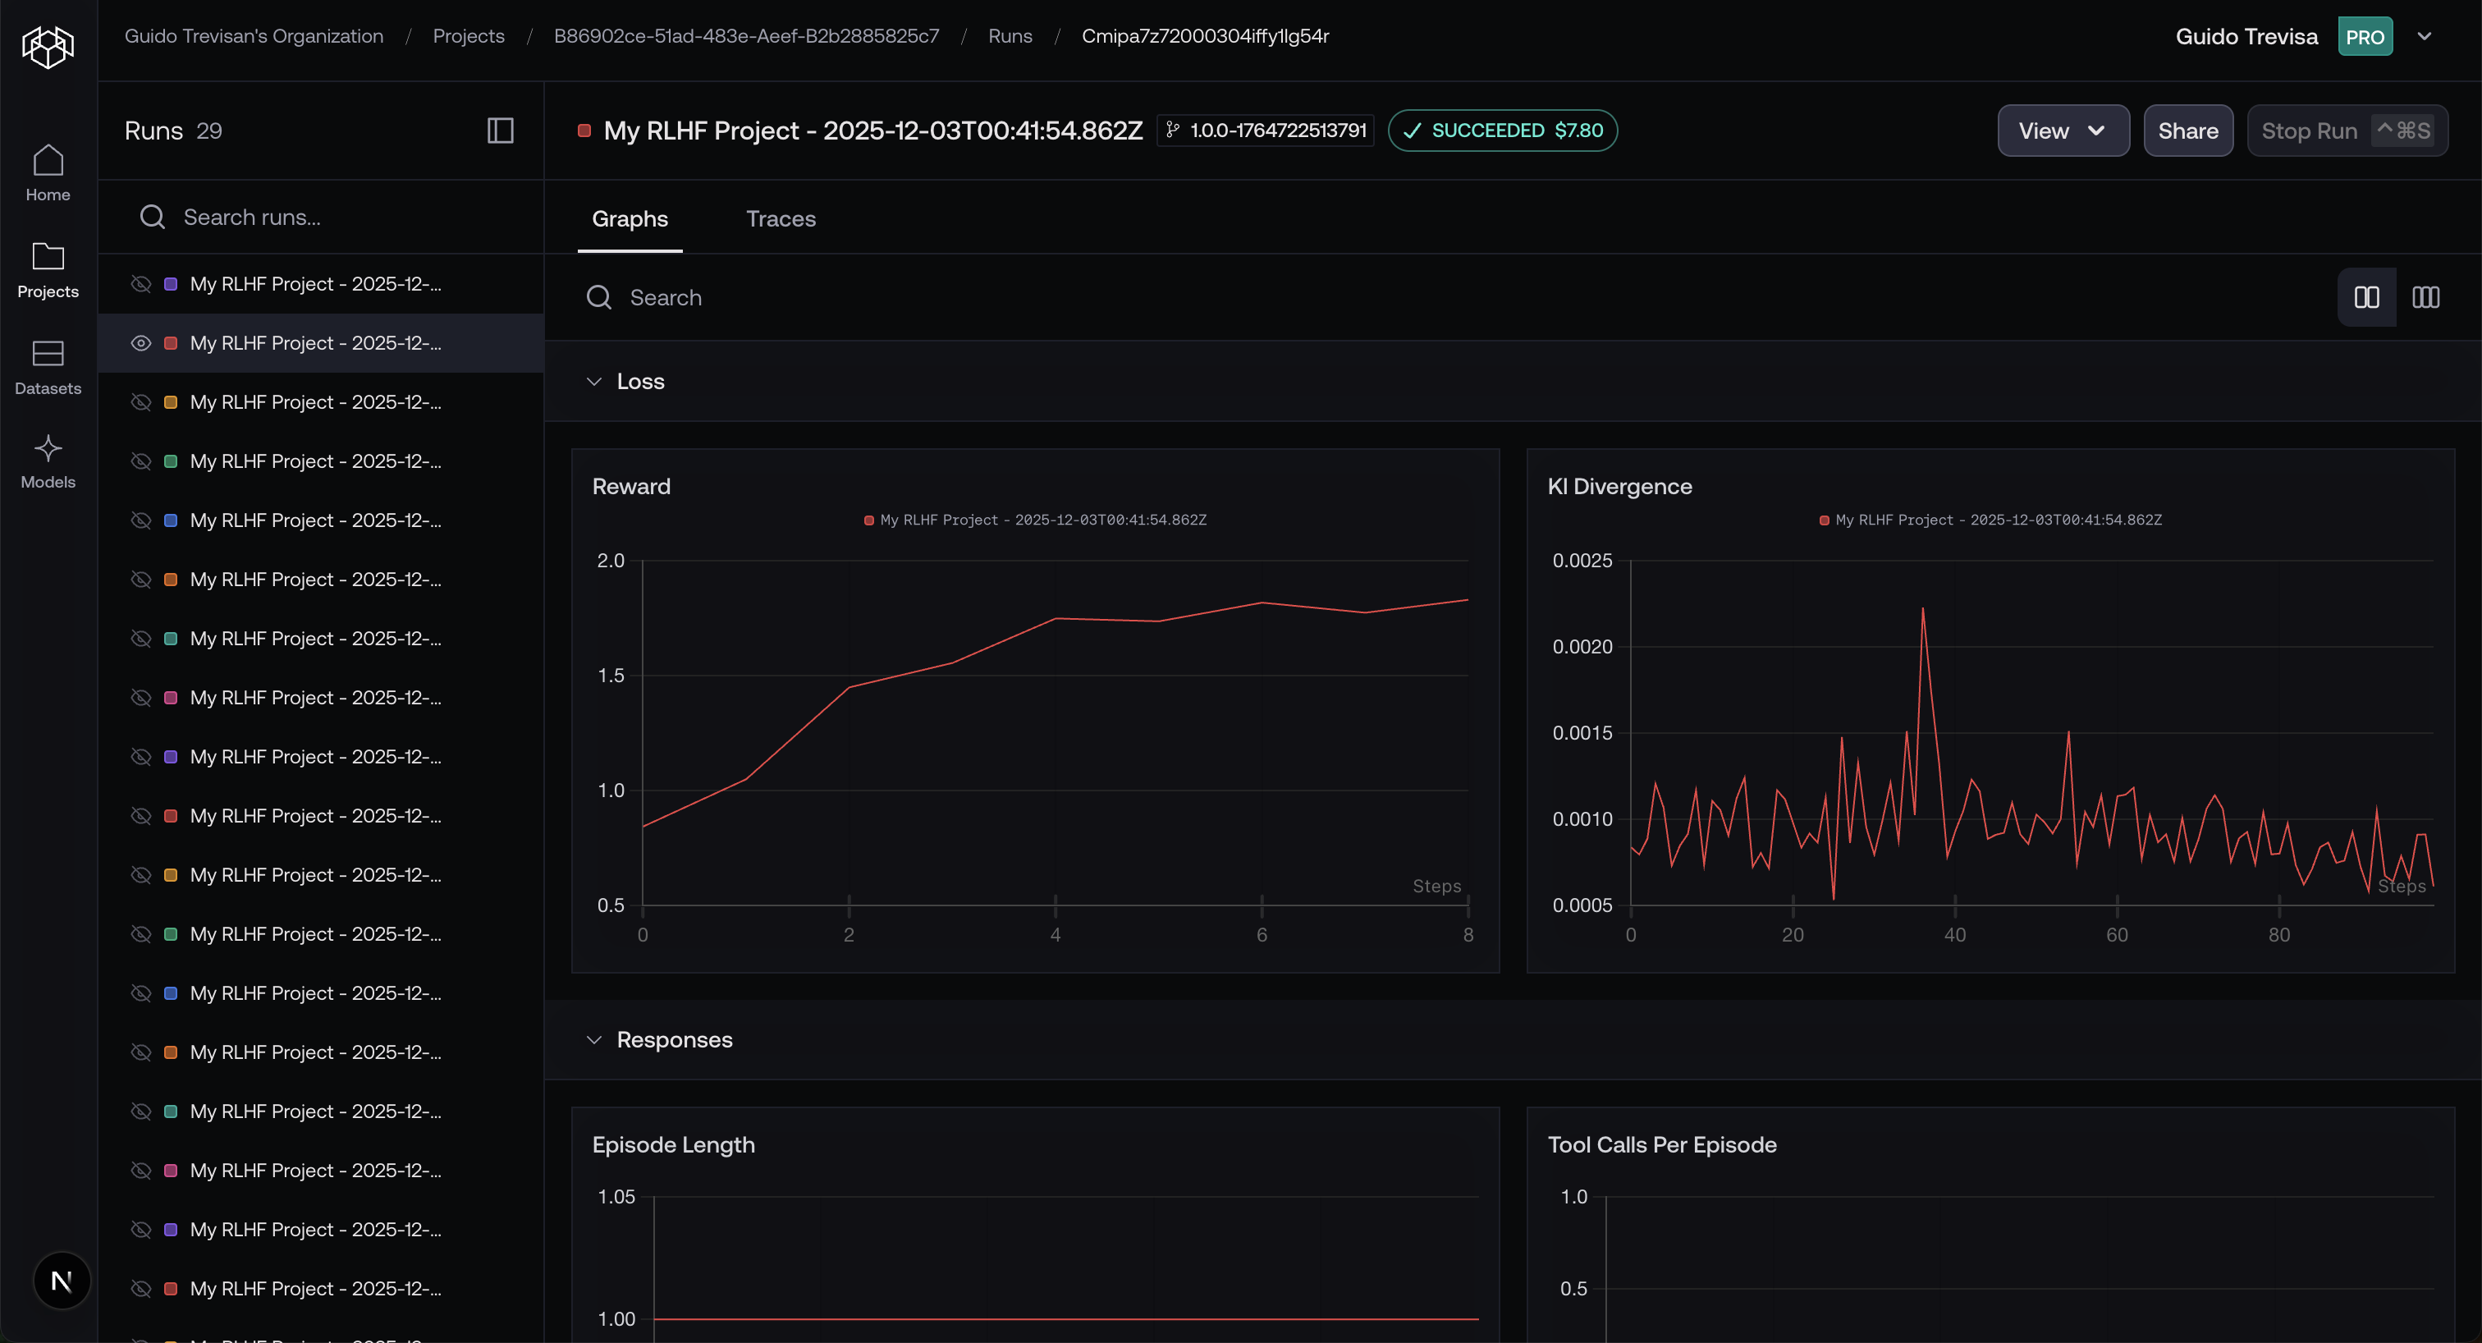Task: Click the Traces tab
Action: [x=781, y=218]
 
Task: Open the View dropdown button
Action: [x=2062, y=131]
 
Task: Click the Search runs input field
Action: [x=327, y=217]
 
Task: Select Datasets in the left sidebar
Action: [x=48, y=367]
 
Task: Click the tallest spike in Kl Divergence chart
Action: [x=1922, y=610]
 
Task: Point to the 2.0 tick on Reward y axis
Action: [x=611, y=561]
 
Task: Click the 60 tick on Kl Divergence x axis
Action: [x=2117, y=934]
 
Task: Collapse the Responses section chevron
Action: [x=594, y=1040]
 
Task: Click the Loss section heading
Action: [x=639, y=382]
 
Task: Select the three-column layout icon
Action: [x=2425, y=298]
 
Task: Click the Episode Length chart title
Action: [x=674, y=1144]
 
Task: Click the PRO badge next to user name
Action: [x=2365, y=37]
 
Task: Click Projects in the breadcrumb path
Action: [x=469, y=35]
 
